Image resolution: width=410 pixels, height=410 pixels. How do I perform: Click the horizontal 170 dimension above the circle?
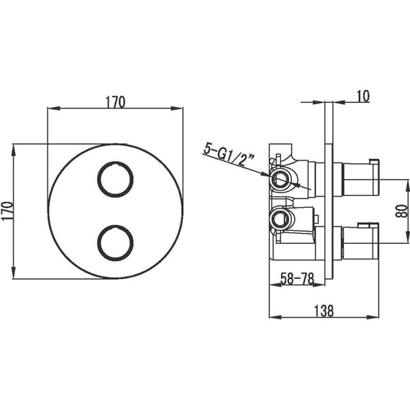(x=115, y=102)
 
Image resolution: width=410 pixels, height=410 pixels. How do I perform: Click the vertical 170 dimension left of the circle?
(x=7, y=211)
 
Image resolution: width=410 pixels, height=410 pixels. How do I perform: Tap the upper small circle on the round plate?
(x=115, y=179)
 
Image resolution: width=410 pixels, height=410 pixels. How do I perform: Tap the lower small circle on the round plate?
(x=115, y=242)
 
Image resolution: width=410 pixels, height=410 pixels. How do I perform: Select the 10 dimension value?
(x=363, y=96)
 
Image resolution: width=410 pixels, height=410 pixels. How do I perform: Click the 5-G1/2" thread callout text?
(x=229, y=155)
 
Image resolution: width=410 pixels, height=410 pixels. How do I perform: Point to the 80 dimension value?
(x=402, y=211)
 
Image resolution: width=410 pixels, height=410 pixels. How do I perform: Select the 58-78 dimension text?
(x=297, y=278)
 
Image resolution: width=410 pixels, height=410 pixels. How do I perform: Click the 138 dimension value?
(x=324, y=311)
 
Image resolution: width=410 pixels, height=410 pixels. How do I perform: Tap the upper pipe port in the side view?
(x=281, y=179)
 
